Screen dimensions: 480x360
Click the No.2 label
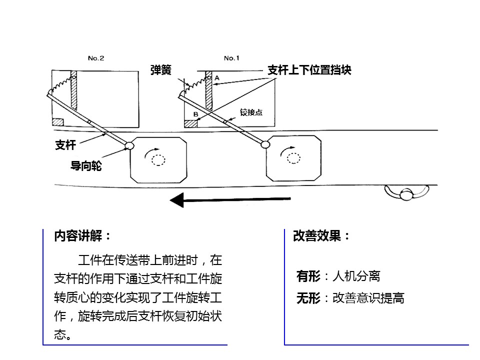pos(96,58)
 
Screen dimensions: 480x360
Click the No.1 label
pos(231,58)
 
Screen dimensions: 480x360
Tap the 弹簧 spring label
pos(160,70)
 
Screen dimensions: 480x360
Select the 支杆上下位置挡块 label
pos(309,70)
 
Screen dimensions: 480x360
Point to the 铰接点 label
pos(251,112)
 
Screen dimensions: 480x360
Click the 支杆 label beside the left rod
pos(65,145)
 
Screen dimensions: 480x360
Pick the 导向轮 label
pos(86,166)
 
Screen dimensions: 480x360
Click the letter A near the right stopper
pos(217,78)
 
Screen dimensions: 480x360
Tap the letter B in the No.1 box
pos(195,114)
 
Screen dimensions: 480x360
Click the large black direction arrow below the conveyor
pos(230,200)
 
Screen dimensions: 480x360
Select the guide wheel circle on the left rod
pos(130,145)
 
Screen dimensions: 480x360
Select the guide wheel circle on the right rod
pos(265,144)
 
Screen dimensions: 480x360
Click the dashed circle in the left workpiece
pos(158,160)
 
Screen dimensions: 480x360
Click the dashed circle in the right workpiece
pos(293,158)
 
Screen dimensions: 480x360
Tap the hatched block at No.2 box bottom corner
pos(58,122)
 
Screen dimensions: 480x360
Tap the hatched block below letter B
pos(190,123)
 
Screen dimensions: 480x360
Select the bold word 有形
pos(308,276)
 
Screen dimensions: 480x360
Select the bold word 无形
pos(308,298)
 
